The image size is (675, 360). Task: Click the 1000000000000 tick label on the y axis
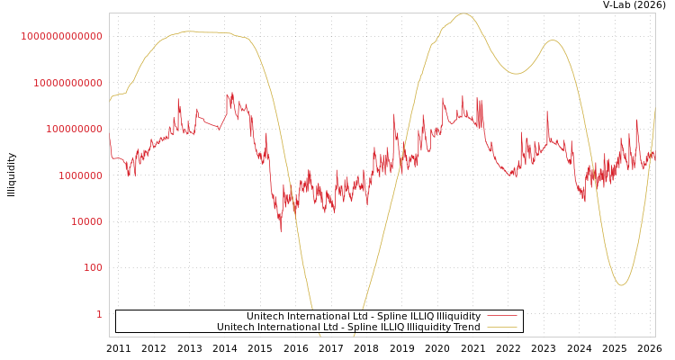61,36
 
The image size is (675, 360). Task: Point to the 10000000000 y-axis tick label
67,83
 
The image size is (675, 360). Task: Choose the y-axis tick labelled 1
99,314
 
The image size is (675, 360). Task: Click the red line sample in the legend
501,316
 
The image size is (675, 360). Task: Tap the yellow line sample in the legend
501,327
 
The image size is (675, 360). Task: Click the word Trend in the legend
466,327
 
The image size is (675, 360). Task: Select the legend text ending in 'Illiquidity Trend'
348,327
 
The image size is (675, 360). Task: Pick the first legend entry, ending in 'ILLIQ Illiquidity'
364,316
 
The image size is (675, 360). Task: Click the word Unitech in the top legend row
265,316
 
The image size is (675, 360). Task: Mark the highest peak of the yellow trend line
463,14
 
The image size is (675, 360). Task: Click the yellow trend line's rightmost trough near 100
621,285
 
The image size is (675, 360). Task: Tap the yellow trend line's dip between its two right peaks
516,74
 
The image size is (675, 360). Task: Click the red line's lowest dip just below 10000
280,230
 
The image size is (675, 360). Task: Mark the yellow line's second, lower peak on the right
553,40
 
